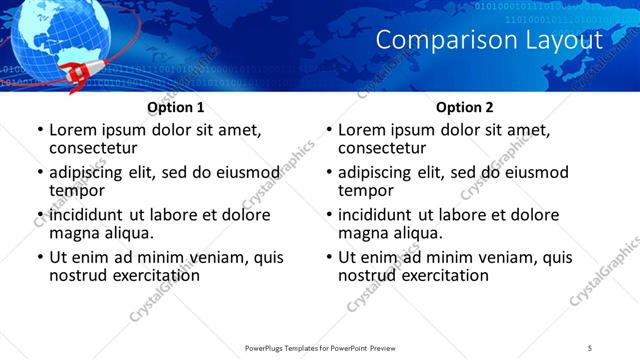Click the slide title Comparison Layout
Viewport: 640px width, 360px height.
click(x=489, y=40)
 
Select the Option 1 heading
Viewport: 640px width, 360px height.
click(x=175, y=107)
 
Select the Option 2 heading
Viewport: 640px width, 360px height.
click(x=464, y=107)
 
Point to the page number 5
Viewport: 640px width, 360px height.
click(x=590, y=347)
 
